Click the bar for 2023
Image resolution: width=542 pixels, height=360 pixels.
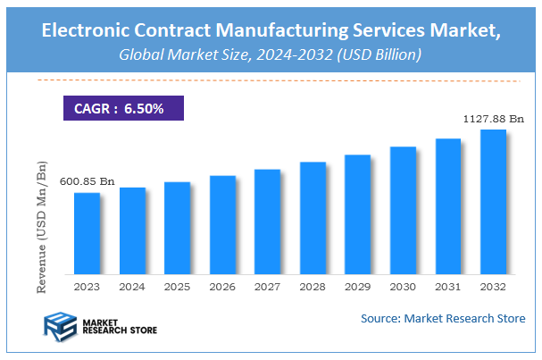(87, 234)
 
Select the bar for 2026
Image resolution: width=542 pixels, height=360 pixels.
(222, 225)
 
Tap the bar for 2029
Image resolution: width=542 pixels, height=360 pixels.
(357, 214)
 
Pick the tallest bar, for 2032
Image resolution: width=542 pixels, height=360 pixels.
(493, 202)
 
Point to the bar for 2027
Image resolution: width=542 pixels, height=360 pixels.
(267, 222)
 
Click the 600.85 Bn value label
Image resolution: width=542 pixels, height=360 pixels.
(87, 181)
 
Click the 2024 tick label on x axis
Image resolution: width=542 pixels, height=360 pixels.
(132, 287)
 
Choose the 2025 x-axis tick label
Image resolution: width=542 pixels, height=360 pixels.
(177, 287)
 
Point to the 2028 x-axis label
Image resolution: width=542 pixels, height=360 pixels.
(313, 287)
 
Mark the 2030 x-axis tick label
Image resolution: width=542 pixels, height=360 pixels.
(403, 287)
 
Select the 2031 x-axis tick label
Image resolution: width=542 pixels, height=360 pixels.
(447, 287)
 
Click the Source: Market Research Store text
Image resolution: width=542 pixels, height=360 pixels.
(443, 318)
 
